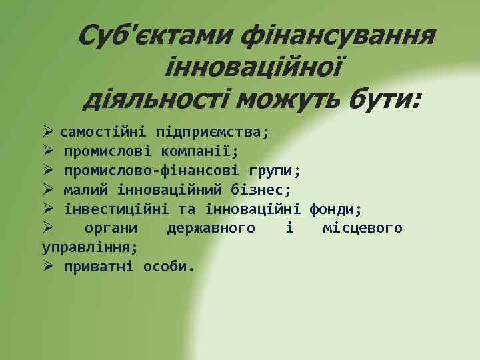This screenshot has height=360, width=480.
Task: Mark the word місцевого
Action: point(362,229)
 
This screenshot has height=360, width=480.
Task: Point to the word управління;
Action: point(90,247)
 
